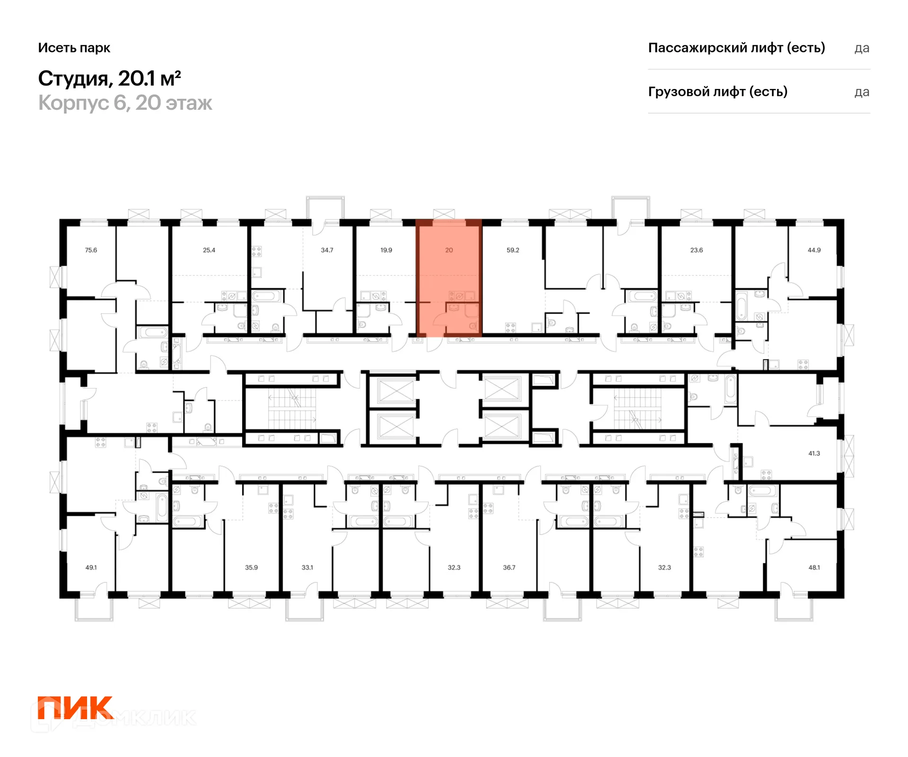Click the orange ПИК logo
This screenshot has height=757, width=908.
coord(76,708)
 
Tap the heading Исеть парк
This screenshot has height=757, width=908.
coord(74,48)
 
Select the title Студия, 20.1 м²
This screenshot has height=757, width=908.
coord(109,79)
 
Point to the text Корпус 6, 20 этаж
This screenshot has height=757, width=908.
coord(125,103)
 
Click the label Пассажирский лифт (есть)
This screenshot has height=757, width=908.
coord(736,48)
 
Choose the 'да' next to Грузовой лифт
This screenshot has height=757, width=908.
coord(862,92)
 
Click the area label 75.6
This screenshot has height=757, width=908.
coord(91,250)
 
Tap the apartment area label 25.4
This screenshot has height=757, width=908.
coord(209,250)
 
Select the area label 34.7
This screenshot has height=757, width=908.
coord(327,250)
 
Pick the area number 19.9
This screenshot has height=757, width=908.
coord(386,250)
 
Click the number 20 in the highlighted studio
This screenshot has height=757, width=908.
coord(449,250)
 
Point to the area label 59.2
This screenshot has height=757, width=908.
coord(513,250)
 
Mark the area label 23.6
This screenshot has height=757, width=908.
coord(697,250)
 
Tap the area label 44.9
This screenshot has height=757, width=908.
coord(814,250)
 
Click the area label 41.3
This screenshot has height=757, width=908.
coord(814,453)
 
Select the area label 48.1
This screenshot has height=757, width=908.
coord(814,567)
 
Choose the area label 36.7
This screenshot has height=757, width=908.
coord(509,567)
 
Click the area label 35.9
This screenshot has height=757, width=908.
coord(251,567)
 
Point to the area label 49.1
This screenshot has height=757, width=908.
coord(91,567)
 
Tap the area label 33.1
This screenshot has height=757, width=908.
coord(307,567)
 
